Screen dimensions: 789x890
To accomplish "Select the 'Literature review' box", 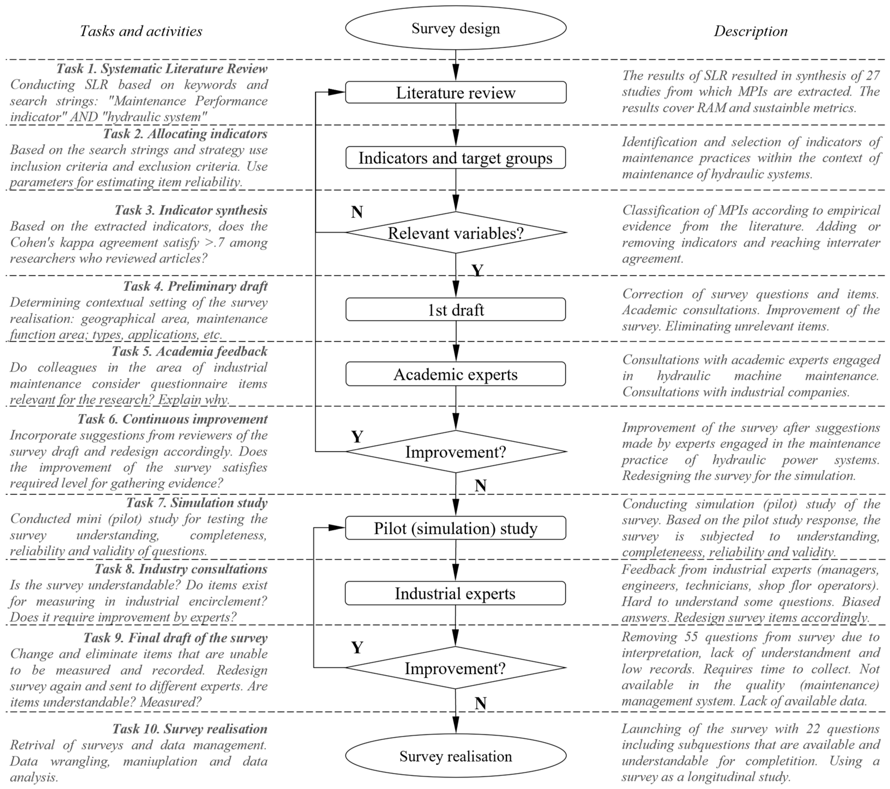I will pyautogui.click(x=455, y=92).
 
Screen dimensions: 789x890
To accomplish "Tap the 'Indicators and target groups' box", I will pyautogui.click(x=455, y=158).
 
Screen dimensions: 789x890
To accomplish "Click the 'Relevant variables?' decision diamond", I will pyautogui.click(x=455, y=233).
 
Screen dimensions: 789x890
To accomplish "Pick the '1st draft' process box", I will pyautogui.click(x=455, y=310).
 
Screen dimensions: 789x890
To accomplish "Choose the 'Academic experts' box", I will pyautogui.click(x=455, y=374).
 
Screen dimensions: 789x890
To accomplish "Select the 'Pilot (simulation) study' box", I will pyautogui.click(x=455, y=528).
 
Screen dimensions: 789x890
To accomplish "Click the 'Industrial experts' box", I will pyautogui.click(x=455, y=593).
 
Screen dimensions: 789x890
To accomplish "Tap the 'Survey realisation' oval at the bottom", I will pyautogui.click(x=455, y=756).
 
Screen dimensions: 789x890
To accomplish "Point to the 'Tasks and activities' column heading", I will pyautogui.click(x=141, y=31).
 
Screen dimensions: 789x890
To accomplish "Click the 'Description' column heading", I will pyautogui.click(x=750, y=31).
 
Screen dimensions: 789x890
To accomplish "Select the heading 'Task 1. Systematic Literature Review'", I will pyautogui.click(x=161, y=68).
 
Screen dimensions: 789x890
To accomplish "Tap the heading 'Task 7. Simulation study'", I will pyautogui.click(x=197, y=502).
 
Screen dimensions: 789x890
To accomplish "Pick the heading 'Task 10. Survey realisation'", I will pyautogui.click(x=190, y=728).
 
